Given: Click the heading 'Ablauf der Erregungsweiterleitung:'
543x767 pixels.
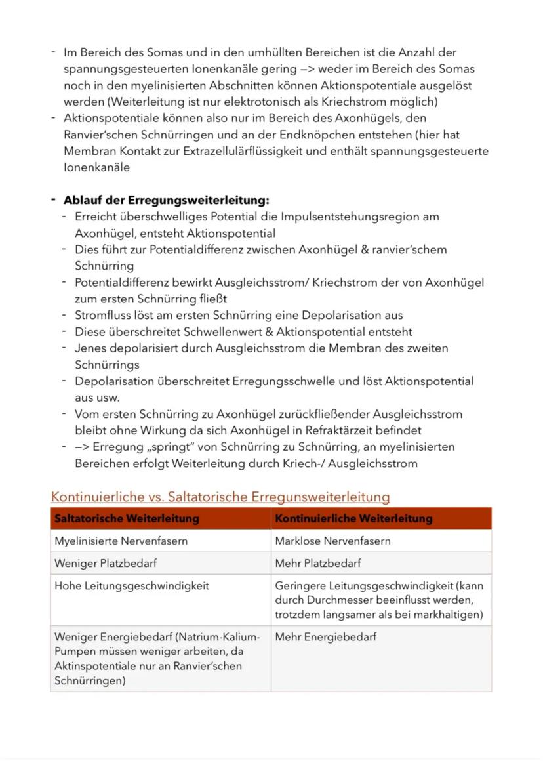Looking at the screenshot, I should pyautogui.click(x=166, y=200).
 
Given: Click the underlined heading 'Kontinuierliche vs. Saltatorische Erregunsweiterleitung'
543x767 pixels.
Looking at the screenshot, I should pyautogui.click(x=220, y=497).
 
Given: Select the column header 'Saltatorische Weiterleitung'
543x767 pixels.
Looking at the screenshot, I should pyautogui.click(x=127, y=518).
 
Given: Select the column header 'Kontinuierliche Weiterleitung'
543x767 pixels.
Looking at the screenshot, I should pyautogui.click(x=353, y=518).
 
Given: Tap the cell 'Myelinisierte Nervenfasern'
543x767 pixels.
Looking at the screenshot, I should pyautogui.click(x=121, y=541).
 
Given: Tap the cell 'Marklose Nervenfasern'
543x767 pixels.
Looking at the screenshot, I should pyautogui.click(x=332, y=541).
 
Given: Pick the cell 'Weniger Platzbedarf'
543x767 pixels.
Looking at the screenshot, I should pyautogui.click(x=106, y=563).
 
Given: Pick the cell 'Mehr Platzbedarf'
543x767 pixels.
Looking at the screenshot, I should pyautogui.click(x=318, y=563).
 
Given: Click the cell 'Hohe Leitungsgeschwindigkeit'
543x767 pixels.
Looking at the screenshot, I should pyautogui.click(x=132, y=585).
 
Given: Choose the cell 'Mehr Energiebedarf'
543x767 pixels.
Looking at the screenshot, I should pyautogui.click(x=326, y=636).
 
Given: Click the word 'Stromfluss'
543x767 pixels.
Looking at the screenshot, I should pyautogui.click(x=102, y=315).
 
